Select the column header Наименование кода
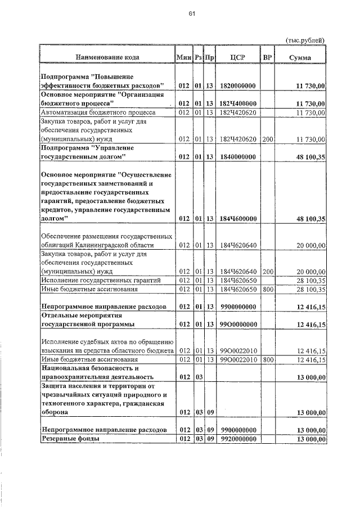(x=107, y=57)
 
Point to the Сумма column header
(x=301, y=57)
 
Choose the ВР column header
(x=268, y=57)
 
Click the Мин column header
(x=183, y=57)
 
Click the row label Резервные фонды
(x=70, y=439)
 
